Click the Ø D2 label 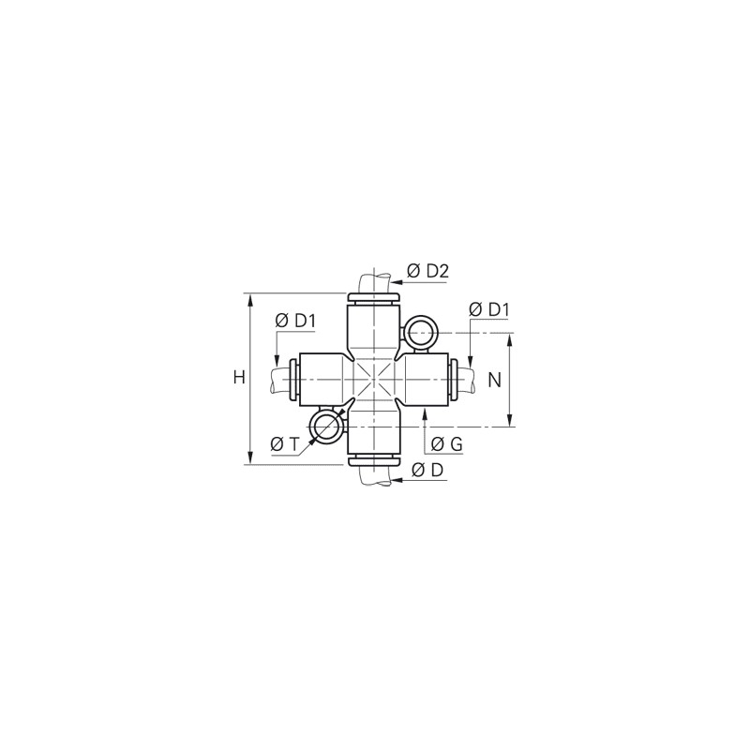(x=427, y=272)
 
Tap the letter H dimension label (x=239, y=378)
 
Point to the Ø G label (x=446, y=444)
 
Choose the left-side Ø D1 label (x=295, y=321)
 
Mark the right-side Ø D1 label (x=487, y=309)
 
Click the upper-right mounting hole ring (x=420, y=333)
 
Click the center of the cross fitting (x=374, y=379)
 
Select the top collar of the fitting (x=374, y=298)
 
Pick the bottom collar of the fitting (x=374, y=459)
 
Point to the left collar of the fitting (x=294, y=379)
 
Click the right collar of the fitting (x=455, y=379)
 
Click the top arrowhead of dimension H (x=251, y=299)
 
